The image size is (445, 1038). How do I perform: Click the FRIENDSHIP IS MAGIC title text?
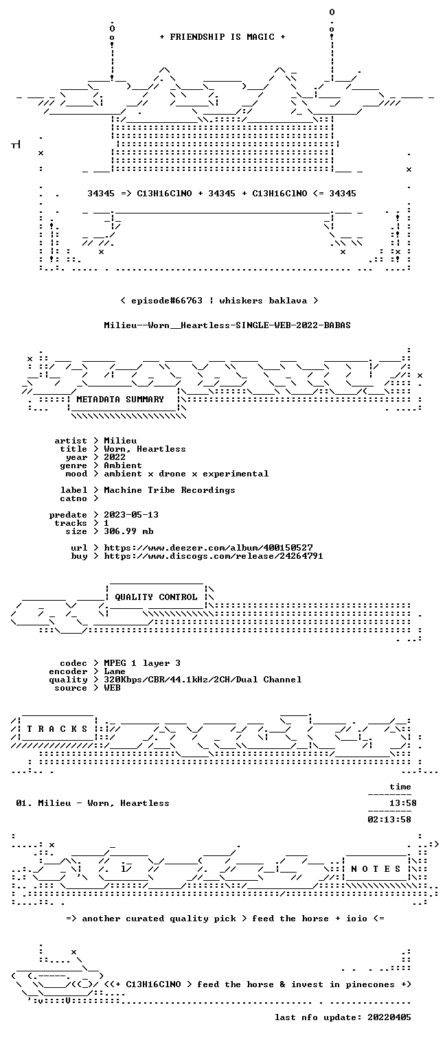coord(223,37)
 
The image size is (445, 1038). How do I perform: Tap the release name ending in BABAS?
coord(227,325)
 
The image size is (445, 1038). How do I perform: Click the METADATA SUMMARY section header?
coord(120,399)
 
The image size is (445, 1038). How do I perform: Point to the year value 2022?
coord(115,457)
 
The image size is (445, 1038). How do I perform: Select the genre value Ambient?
coord(123,465)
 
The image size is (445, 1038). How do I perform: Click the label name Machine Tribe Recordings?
coord(169,489)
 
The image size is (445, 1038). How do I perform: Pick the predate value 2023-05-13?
coord(131,515)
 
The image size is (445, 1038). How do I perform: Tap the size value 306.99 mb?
coord(128,531)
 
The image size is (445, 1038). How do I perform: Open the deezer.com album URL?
coord(208,548)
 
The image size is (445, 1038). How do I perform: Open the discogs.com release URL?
coord(213,555)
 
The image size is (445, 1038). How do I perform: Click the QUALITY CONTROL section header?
coord(156,597)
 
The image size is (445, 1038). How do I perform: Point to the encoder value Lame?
coord(115,671)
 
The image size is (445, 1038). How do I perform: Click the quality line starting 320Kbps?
coord(203,680)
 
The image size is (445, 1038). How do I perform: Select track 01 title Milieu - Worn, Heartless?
coord(104,803)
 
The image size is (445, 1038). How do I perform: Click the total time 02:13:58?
coord(389,819)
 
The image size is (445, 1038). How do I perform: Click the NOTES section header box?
coord(376,869)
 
